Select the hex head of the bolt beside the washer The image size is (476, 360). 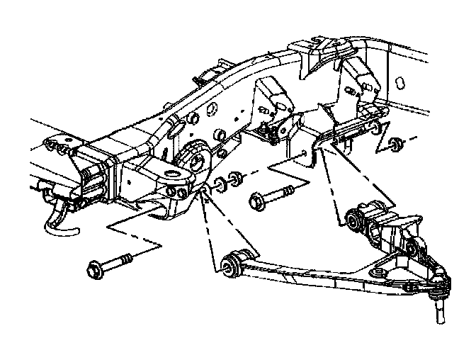coord(256,203)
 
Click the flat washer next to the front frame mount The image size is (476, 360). coord(220,184)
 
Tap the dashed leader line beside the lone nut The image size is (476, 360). coord(383,146)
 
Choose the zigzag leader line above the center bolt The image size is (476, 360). coord(287,170)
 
